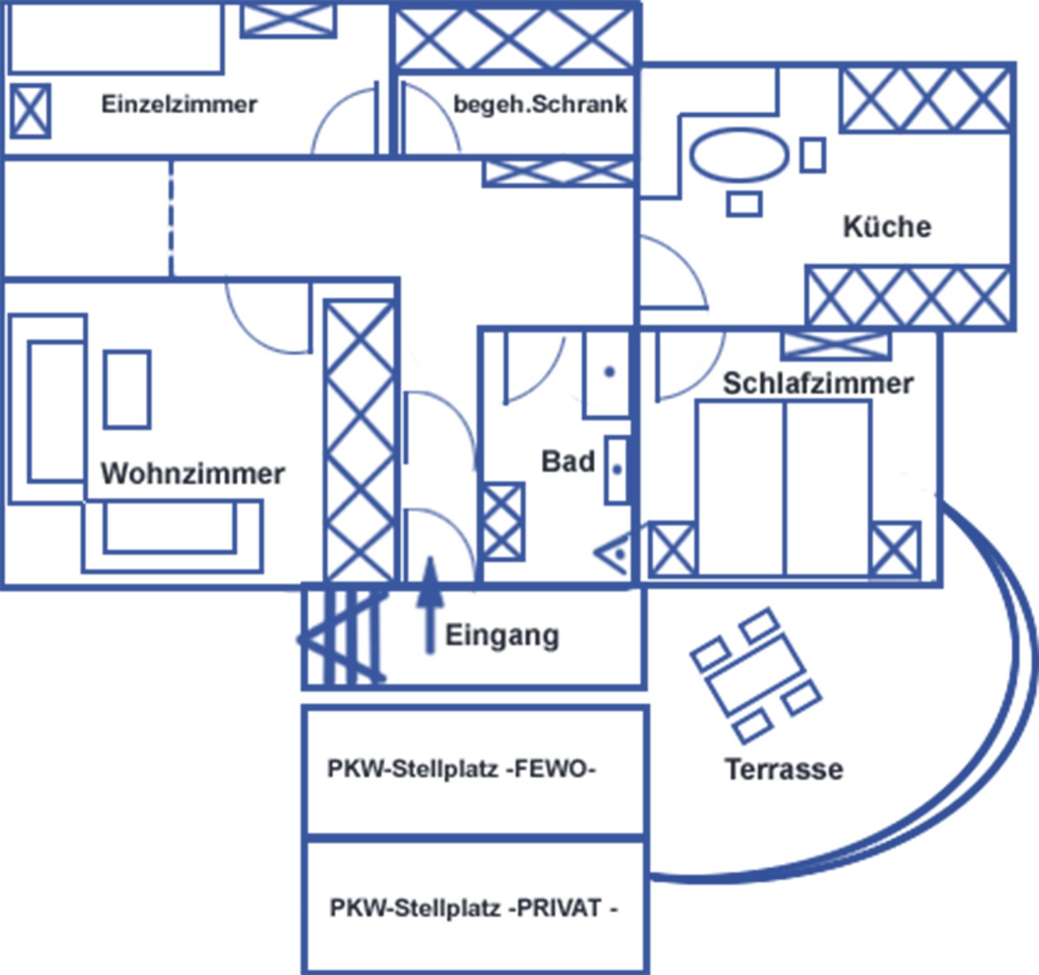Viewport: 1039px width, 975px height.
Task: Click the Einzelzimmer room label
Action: tap(179, 104)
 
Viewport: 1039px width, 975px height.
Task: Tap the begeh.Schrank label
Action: tap(540, 104)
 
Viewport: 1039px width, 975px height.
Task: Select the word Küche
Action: tap(887, 227)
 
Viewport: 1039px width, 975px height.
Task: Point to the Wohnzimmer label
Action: tap(192, 474)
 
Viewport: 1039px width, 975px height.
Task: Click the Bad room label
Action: tap(568, 461)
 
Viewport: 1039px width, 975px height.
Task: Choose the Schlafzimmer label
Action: tap(818, 383)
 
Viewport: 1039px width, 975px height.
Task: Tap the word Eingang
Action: tap(502, 635)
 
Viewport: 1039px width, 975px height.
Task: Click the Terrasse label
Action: tap(784, 769)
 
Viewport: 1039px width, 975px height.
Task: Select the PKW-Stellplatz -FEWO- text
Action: tap(461, 769)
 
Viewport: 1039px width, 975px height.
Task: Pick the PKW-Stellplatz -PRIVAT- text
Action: tap(473, 908)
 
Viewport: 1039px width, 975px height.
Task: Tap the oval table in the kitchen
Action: tap(739, 155)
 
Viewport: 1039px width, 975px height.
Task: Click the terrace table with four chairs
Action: tap(756, 675)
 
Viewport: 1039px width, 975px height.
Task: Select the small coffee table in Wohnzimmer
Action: tap(127, 389)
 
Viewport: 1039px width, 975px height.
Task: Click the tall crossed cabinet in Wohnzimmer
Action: tap(359, 441)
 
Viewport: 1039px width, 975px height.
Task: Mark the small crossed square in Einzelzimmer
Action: tap(30, 111)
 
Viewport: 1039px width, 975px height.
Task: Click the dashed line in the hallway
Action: tap(171, 218)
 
